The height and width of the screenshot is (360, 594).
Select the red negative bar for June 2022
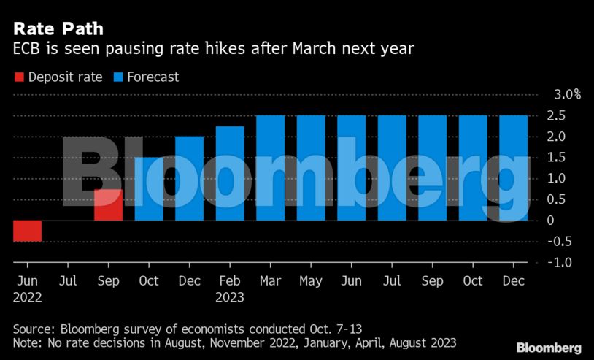pyautogui.click(x=28, y=231)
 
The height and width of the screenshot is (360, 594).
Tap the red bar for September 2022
pyautogui.click(x=108, y=204)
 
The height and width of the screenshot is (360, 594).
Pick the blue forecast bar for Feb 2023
pyautogui.click(x=230, y=174)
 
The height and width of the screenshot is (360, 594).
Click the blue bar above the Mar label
pyautogui.click(x=270, y=168)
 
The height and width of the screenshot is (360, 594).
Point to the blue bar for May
pyautogui.click(x=311, y=168)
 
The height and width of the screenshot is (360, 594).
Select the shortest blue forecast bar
pyautogui.click(x=149, y=189)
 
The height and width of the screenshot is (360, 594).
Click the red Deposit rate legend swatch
pyautogui.click(x=19, y=77)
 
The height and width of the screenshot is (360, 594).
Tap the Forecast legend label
pyautogui.click(x=153, y=77)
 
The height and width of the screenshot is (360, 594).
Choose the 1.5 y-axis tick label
pyautogui.click(x=558, y=158)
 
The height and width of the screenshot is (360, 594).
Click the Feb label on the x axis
pyautogui.click(x=229, y=280)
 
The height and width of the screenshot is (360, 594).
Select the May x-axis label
pyautogui.click(x=311, y=280)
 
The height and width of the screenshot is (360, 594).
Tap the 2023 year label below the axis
pyautogui.click(x=229, y=297)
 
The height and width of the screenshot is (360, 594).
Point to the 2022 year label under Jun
pyautogui.click(x=27, y=297)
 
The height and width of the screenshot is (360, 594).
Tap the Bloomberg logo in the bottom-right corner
pyautogui.click(x=549, y=348)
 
